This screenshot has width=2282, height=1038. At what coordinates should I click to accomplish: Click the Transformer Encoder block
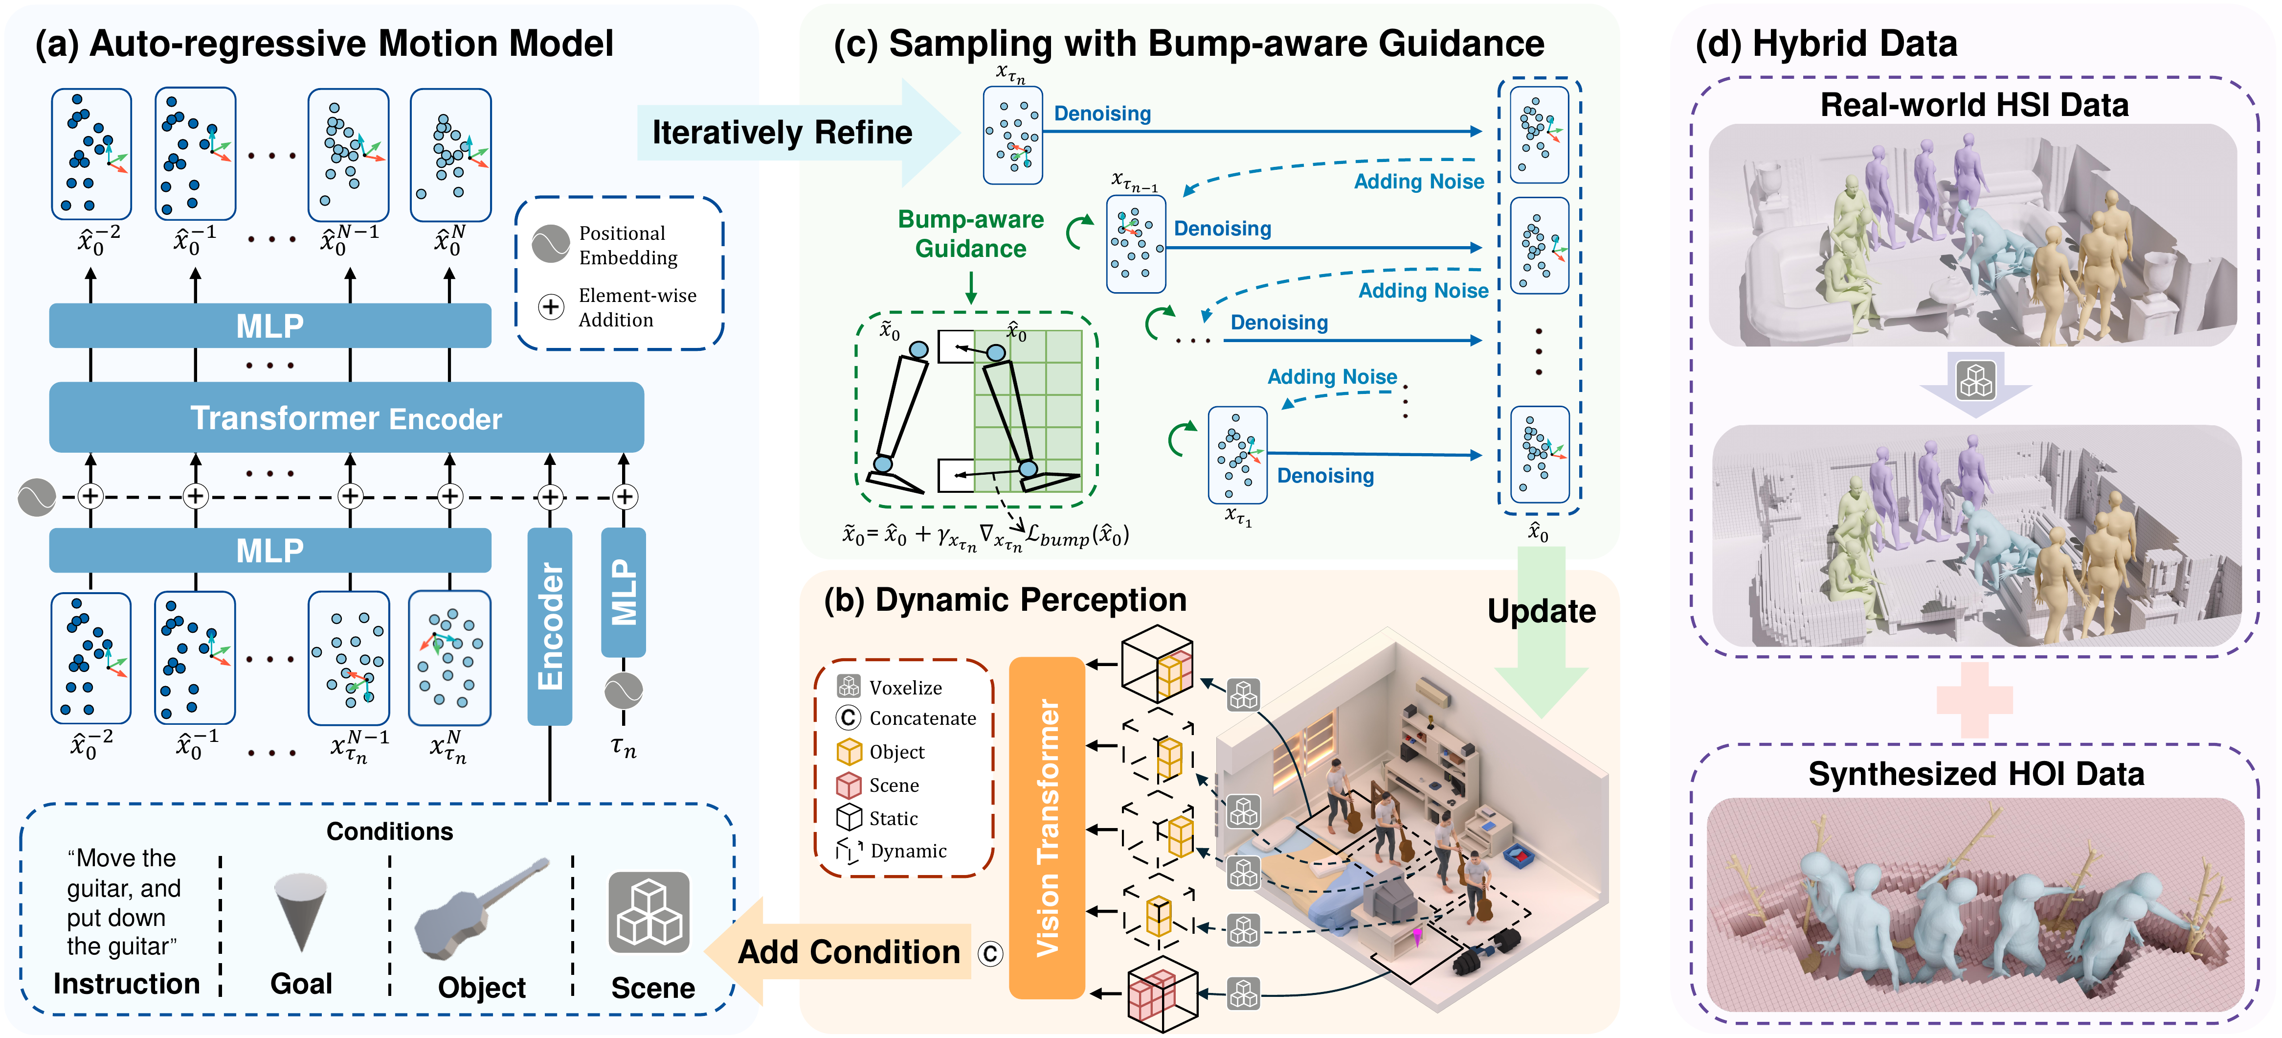pyautogui.click(x=345, y=417)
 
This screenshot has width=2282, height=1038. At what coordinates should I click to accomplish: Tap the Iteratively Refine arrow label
pyautogui.click(x=782, y=132)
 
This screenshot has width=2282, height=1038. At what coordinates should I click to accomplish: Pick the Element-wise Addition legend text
pyautogui.click(x=636, y=308)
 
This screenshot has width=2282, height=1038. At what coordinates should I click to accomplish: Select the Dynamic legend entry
pyautogui.click(x=907, y=851)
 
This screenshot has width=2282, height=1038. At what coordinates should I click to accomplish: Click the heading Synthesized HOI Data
pyautogui.click(x=1975, y=774)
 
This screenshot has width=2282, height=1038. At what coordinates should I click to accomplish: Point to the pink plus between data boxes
pyautogui.click(x=1974, y=700)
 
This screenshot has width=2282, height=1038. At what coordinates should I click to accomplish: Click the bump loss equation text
pyautogui.click(x=985, y=535)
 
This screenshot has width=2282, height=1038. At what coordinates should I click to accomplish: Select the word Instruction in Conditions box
pyautogui.click(x=127, y=984)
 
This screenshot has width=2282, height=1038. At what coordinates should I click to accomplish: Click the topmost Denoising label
pyautogui.click(x=1102, y=114)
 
